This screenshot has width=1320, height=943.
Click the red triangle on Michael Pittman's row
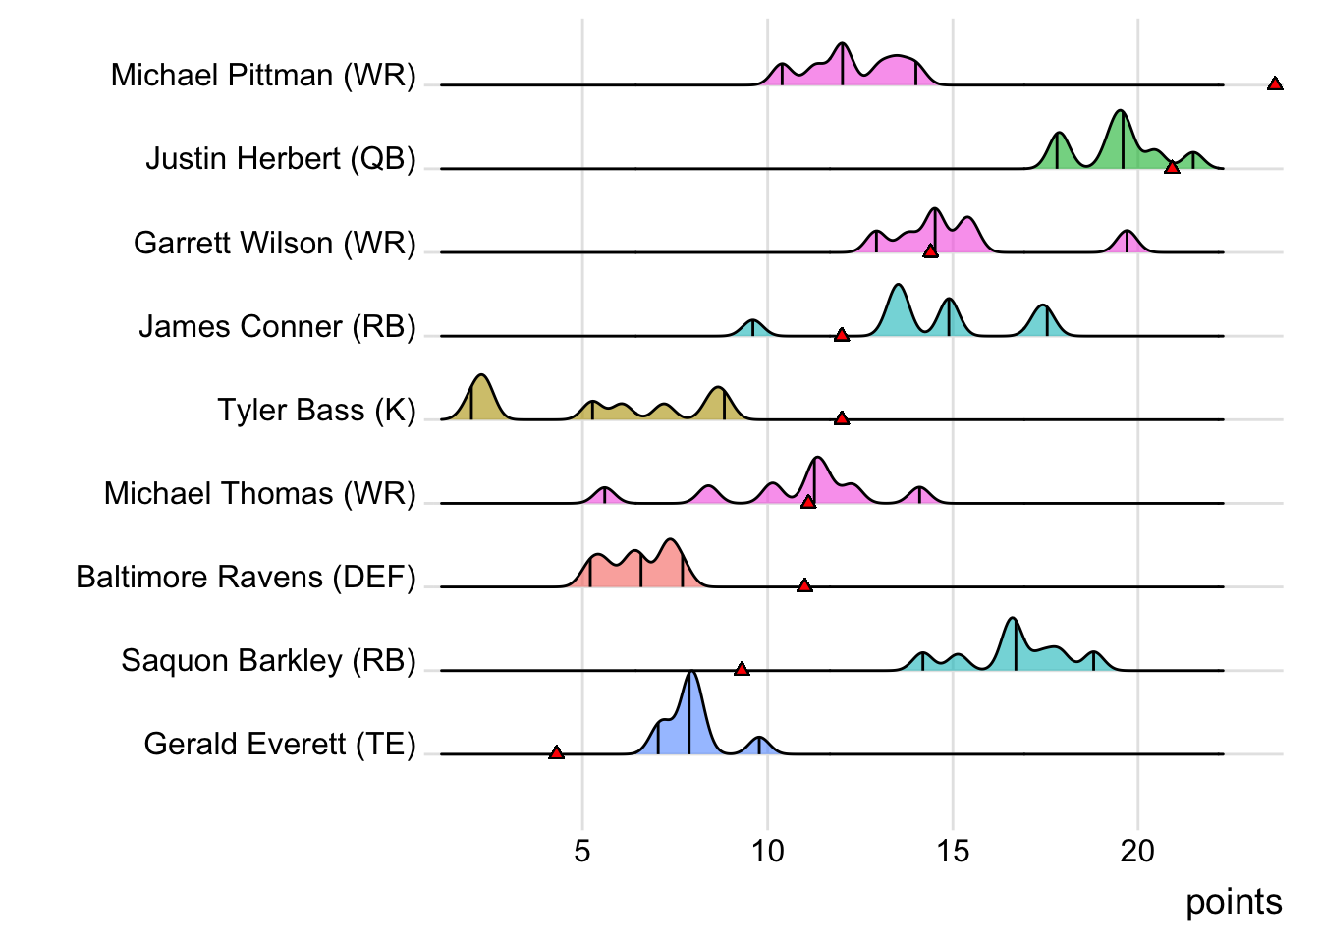point(1275,84)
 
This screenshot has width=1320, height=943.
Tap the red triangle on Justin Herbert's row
point(1172,168)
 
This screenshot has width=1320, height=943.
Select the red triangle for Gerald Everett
point(556,752)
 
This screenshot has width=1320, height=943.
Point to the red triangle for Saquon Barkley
point(742,669)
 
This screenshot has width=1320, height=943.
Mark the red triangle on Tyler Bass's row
point(842,418)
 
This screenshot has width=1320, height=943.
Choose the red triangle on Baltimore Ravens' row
point(804,585)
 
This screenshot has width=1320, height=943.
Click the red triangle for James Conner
point(842,335)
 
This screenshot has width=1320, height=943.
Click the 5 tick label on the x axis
point(582,851)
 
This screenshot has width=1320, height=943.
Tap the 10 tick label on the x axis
point(767,851)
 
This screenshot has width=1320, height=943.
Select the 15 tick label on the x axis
point(953,851)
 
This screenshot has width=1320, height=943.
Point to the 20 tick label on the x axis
point(1137,851)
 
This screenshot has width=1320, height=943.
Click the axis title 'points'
point(1234,902)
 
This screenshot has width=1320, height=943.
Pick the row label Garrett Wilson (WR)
point(275,243)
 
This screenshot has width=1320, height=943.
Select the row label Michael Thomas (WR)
point(260,493)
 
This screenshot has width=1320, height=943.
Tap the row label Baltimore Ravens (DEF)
point(246,577)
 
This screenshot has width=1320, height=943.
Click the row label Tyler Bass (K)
point(316,410)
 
